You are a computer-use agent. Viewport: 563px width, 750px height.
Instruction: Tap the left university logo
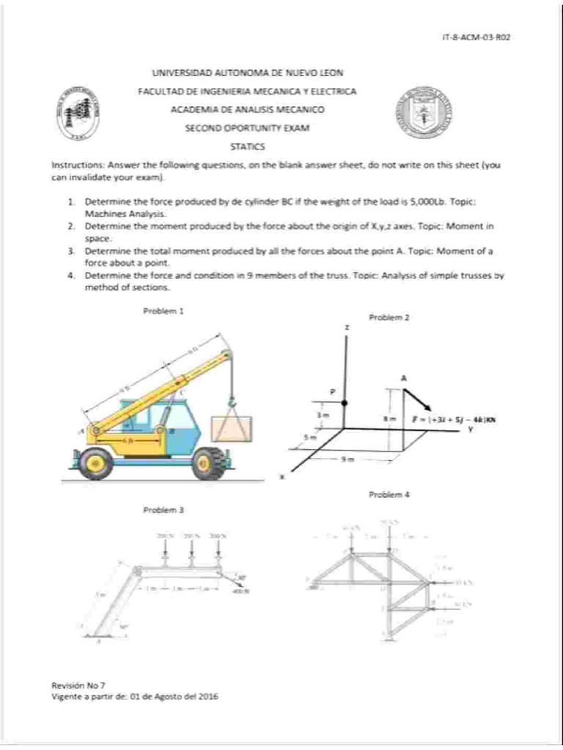(78, 116)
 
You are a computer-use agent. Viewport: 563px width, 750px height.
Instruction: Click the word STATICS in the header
(247, 146)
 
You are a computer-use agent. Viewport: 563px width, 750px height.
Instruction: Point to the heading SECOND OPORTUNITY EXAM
(247, 128)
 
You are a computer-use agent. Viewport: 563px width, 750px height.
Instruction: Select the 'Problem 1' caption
(163, 311)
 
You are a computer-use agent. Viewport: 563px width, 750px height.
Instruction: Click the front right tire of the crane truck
(210, 462)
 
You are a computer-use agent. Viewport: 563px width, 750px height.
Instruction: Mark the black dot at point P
(345, 403)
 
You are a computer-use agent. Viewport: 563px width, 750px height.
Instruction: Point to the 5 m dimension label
(311, 437)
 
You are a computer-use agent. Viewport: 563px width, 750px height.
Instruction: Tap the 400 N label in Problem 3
(240, 592)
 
